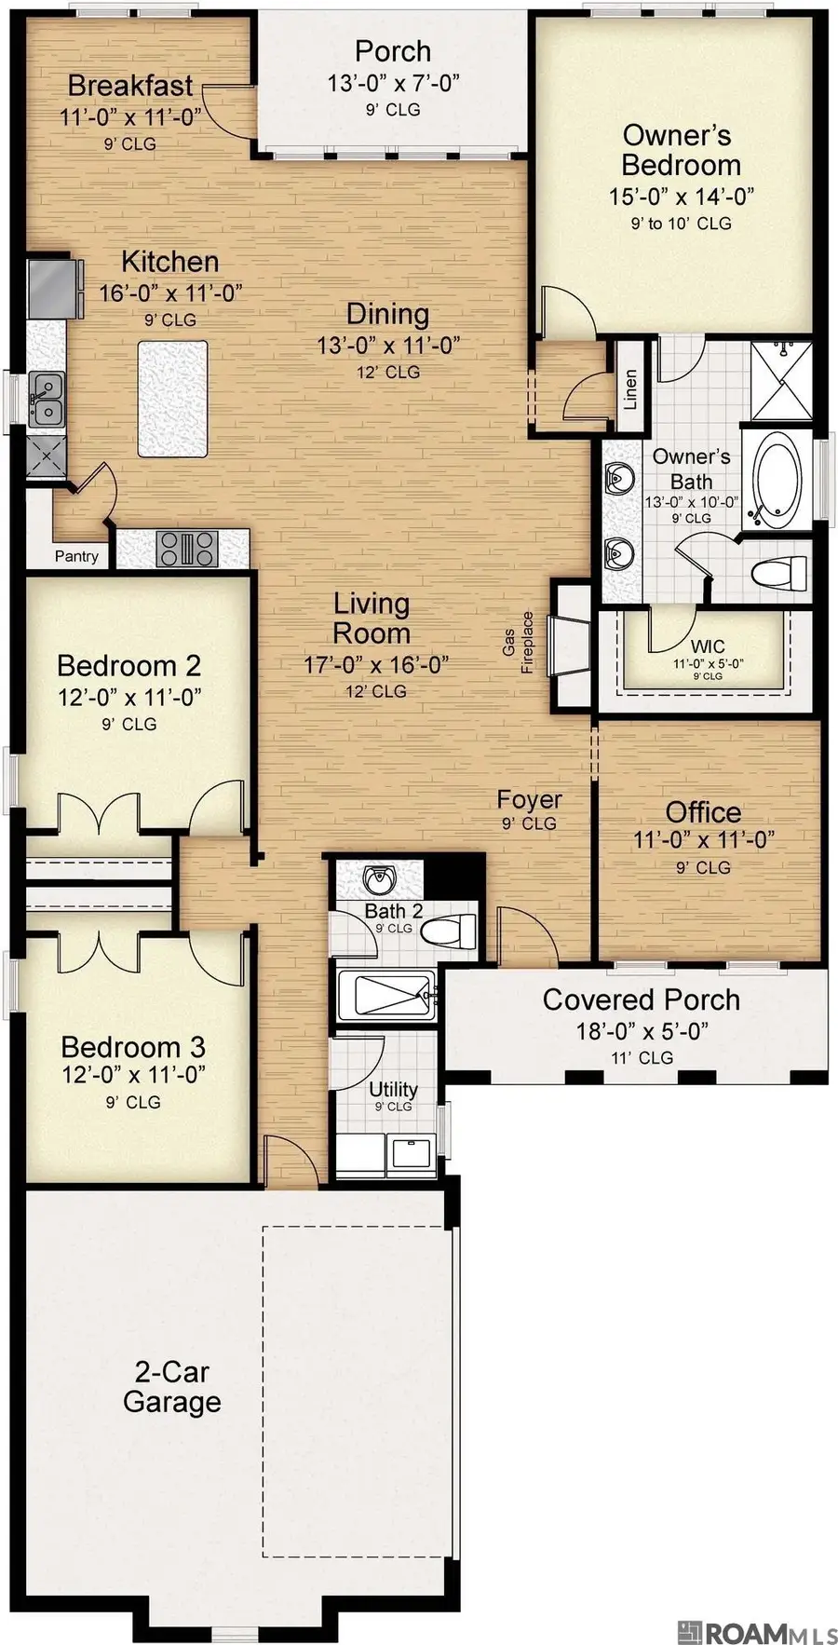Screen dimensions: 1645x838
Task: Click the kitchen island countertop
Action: pyautogui.click(x=172, y=399)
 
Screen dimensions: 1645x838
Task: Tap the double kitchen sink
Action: pyautogui.click(x=45, y=399)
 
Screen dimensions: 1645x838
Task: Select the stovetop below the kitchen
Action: pyautogui.click(x=186, y=548)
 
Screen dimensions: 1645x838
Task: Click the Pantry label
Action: pyautogui.click(x=76, y=556)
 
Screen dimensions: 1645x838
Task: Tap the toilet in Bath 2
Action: pyautogui.click(x=459, y=930)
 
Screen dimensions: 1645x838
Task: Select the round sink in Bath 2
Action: pyautogui.click(x=379, y=879)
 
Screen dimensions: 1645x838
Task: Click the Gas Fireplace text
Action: pyautogui.click(x=518, y=643)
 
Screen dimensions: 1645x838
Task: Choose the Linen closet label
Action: pyautogui.click(x=630, y=389)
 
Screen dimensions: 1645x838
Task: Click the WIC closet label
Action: pyautogui.click(x=708, y=646)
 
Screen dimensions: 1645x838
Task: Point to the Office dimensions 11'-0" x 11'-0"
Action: pyautogui.click(x=703, y=839)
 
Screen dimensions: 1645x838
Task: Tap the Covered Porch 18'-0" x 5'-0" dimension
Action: pyautogui.click(x=642, y=1031)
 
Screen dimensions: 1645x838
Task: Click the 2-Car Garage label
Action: pyautogui.click(x=171, y=1386)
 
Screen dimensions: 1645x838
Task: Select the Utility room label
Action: pyautogui.click(x=393, y=1090)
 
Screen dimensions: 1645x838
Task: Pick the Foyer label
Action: pyautogui.click(x=528, y=799)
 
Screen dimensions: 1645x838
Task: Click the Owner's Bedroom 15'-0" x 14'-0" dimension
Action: pyautogui.click(x=681, y=197)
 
